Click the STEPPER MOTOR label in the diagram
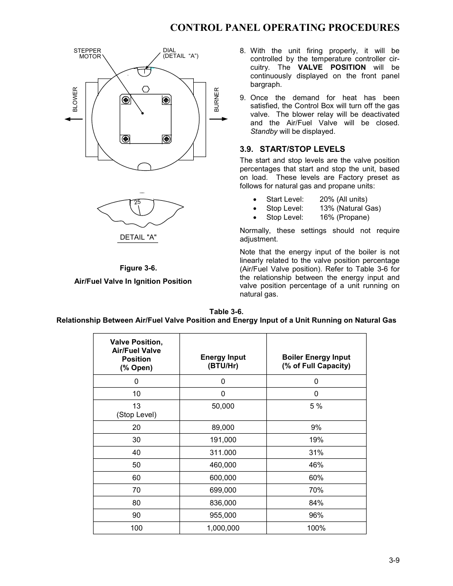point(87,54)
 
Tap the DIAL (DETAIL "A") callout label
point(180,53)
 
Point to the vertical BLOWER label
point(75,99)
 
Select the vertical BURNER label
point(217,99)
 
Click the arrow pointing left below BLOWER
point(74,119)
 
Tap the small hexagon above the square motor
point(146,89)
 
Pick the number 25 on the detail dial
point(137,202)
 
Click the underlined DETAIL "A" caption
point(138,237)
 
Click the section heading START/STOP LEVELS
point(292,149)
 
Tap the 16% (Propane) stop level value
point(344,217)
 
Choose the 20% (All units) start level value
point(343,199)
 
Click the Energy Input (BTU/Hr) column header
point(223,362)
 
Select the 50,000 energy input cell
point(223,406)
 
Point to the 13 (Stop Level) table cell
point(136,410)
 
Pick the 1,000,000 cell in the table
point(223,528)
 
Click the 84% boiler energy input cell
point(316,502)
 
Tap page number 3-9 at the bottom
point(394,560)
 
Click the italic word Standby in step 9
point(264,131)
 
